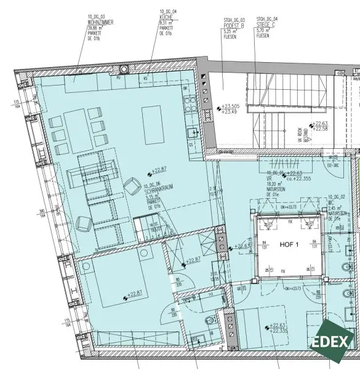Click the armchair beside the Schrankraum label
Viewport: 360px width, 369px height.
[x=132, y=186]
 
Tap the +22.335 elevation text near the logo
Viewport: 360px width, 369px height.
[x=279, y=331]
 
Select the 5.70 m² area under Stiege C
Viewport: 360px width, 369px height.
[x=263, y=30]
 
